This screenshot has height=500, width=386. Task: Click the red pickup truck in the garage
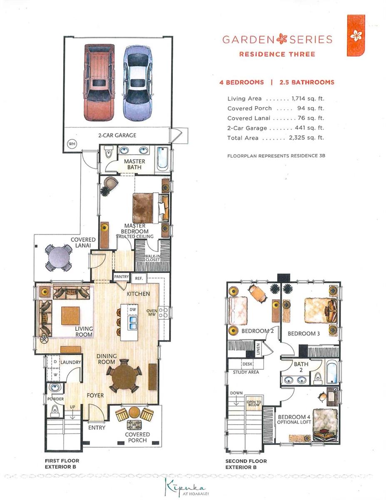(100, 82)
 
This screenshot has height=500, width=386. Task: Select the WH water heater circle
(72, 144)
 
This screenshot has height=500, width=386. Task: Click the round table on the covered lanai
(59, 257)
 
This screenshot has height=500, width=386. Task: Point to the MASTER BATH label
(134, 164)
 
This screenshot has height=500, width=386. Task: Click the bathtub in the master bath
(163, 159)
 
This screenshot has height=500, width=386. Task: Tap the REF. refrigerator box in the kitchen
(139, 278)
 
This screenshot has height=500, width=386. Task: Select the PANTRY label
(122, 277)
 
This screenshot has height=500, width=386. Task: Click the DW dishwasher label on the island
(133, 310)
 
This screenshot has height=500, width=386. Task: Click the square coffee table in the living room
(70, 316)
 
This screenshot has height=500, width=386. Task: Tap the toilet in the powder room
(55, 410)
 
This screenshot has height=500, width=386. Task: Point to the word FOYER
(95, 395)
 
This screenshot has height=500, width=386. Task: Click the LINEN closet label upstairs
(258, 349)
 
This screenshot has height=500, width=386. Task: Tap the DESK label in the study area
(247, 364)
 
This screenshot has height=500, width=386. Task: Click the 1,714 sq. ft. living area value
(308, 99)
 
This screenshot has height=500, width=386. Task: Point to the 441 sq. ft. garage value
(309, 127)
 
